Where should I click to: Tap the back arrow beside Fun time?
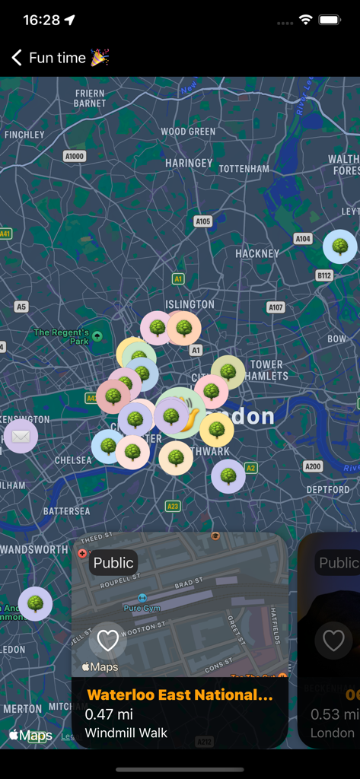(x=17, y=58)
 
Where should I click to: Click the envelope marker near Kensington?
(x=21, y=437)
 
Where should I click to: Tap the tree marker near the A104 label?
(x=339, y=246)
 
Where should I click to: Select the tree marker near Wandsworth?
(x=35, y=604)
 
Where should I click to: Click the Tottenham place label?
(x=244, y=168)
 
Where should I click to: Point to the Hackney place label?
(x=257, y=253)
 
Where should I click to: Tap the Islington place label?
(x=190, y=304)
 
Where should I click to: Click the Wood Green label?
(x=188, y=132)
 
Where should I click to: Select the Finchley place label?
(x=24, y=135)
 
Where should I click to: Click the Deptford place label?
(x=328, y=490)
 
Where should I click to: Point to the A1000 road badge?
(x=75, y=156)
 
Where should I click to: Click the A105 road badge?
(x=202, y=221)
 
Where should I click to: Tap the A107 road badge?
(x=276, y=307)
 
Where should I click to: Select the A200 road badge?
(x=313, y=466)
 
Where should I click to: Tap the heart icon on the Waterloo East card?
(x=108, y=641)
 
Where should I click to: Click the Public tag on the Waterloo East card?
(x=113, y=563)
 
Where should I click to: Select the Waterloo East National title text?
(x=180, y=695)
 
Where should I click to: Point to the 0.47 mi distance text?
(x=109, y=714)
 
